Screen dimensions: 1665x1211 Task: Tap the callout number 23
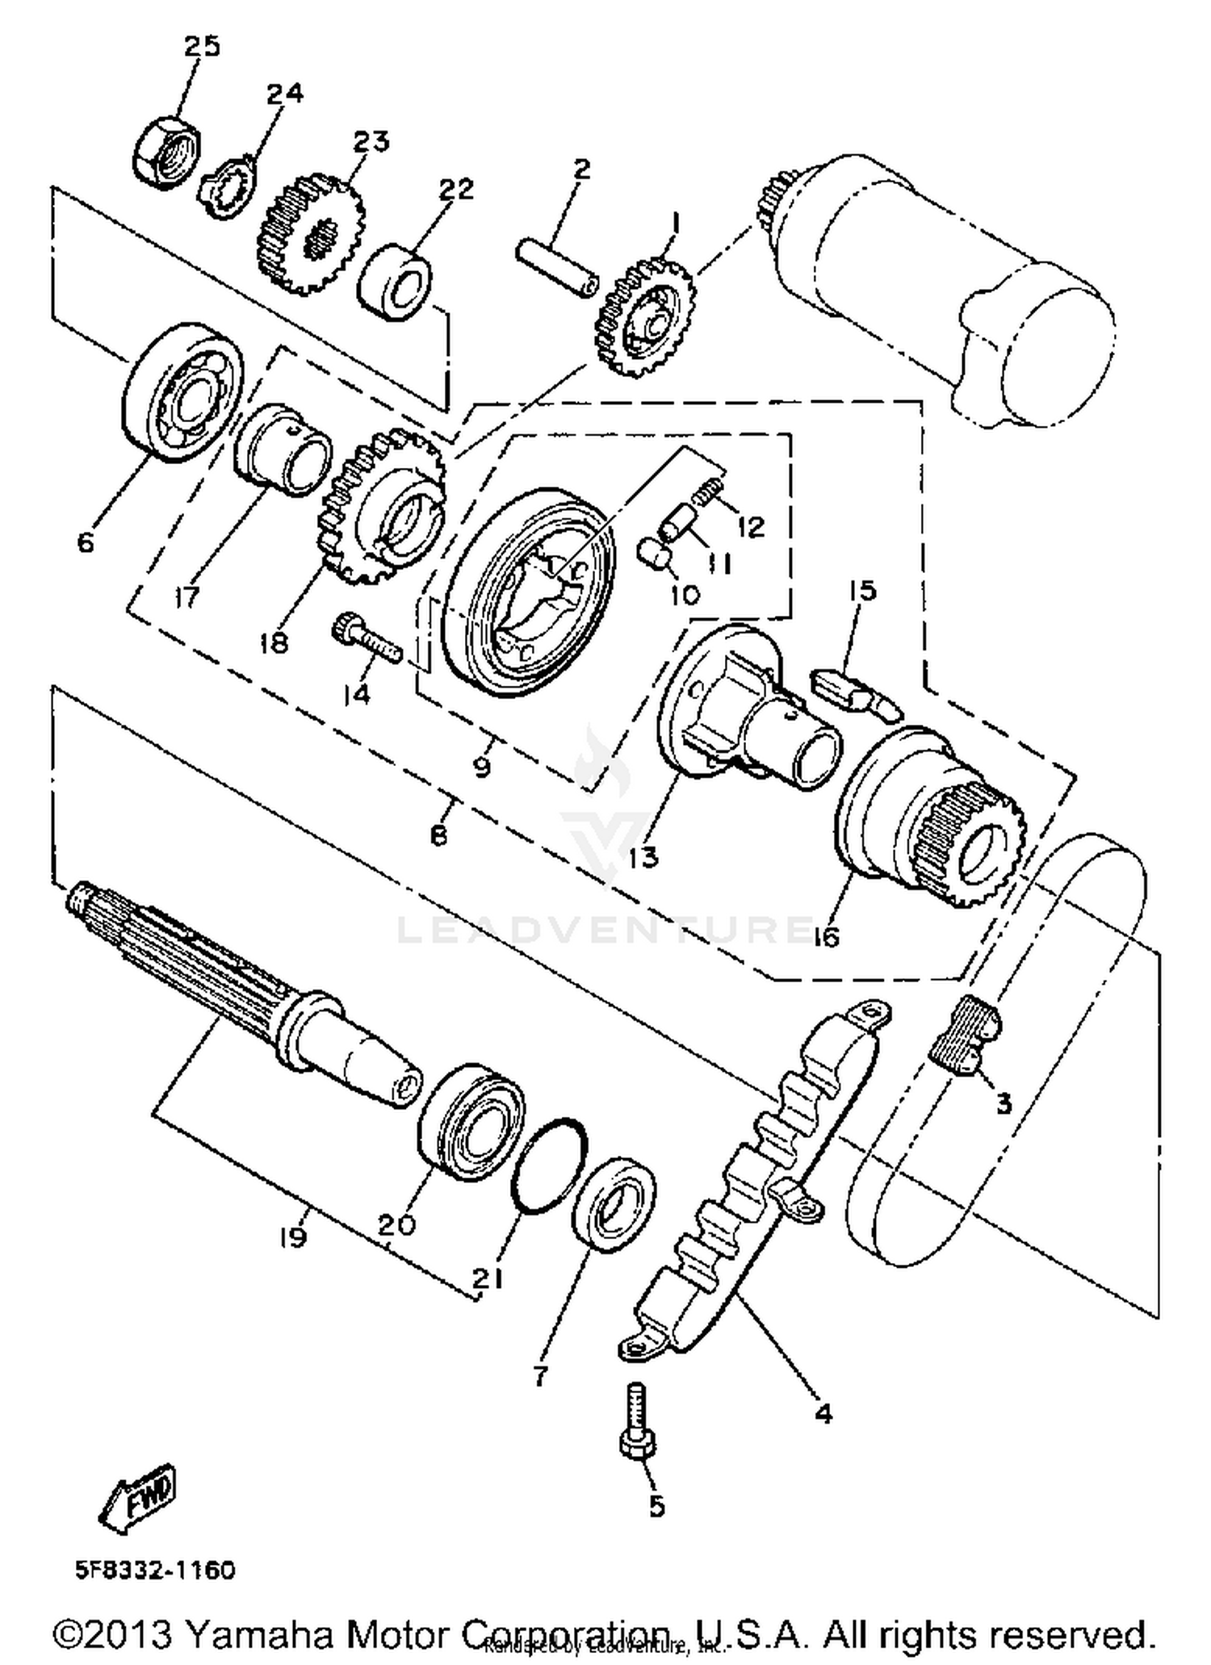pos(371,141)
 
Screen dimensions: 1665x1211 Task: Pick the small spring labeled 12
pos(709,491)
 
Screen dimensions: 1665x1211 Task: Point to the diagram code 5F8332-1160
pos(156,1570)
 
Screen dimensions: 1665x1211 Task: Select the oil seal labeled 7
pos(614,1203)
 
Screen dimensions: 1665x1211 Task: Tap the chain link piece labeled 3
pos(966,1035)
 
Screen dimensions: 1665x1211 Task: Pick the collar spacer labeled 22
pos(396,284)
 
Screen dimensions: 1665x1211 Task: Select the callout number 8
pos(438,835)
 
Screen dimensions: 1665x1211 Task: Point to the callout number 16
pos(826,936)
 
